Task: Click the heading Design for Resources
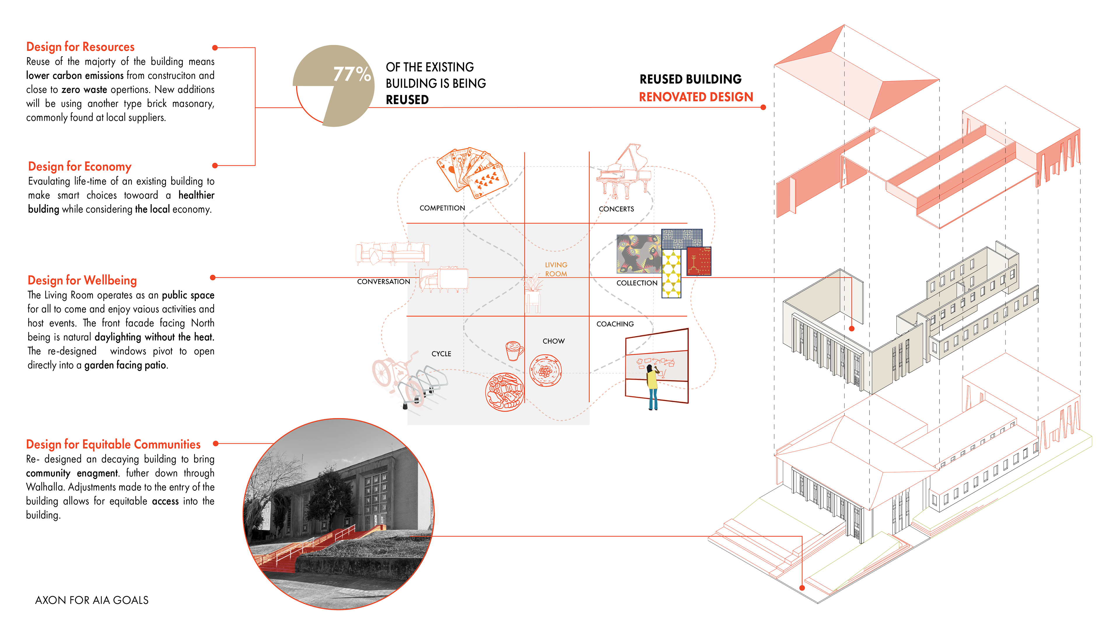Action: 80,47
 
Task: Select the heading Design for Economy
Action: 80,167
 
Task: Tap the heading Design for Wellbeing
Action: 82,280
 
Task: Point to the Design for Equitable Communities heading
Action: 113,444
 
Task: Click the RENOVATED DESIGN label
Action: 696,97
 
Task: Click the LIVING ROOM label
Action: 556,269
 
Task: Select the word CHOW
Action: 554,341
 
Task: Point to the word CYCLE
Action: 441,354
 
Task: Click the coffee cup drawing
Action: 514,350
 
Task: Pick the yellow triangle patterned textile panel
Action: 671,274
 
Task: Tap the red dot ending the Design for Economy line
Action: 215,166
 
